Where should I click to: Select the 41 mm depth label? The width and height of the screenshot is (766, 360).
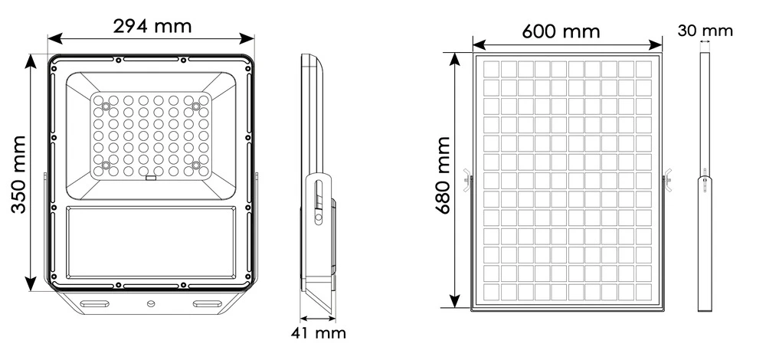point(319,333)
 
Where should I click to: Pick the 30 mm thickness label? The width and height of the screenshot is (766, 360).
point(705,31)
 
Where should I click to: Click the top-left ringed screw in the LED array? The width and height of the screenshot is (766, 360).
point(106,104)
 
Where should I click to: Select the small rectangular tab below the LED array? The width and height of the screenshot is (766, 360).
point(151,180)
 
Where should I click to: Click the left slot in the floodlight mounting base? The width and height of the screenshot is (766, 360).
point(97,304)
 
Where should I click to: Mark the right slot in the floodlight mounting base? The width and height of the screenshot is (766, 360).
point(205,304)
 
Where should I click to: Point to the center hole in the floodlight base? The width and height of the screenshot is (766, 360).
point(151,304)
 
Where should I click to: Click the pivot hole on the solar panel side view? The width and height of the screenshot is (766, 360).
point(705,182)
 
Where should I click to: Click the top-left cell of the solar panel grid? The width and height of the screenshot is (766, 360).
point(491,69)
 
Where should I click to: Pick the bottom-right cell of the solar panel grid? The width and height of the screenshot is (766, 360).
point(644,292)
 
